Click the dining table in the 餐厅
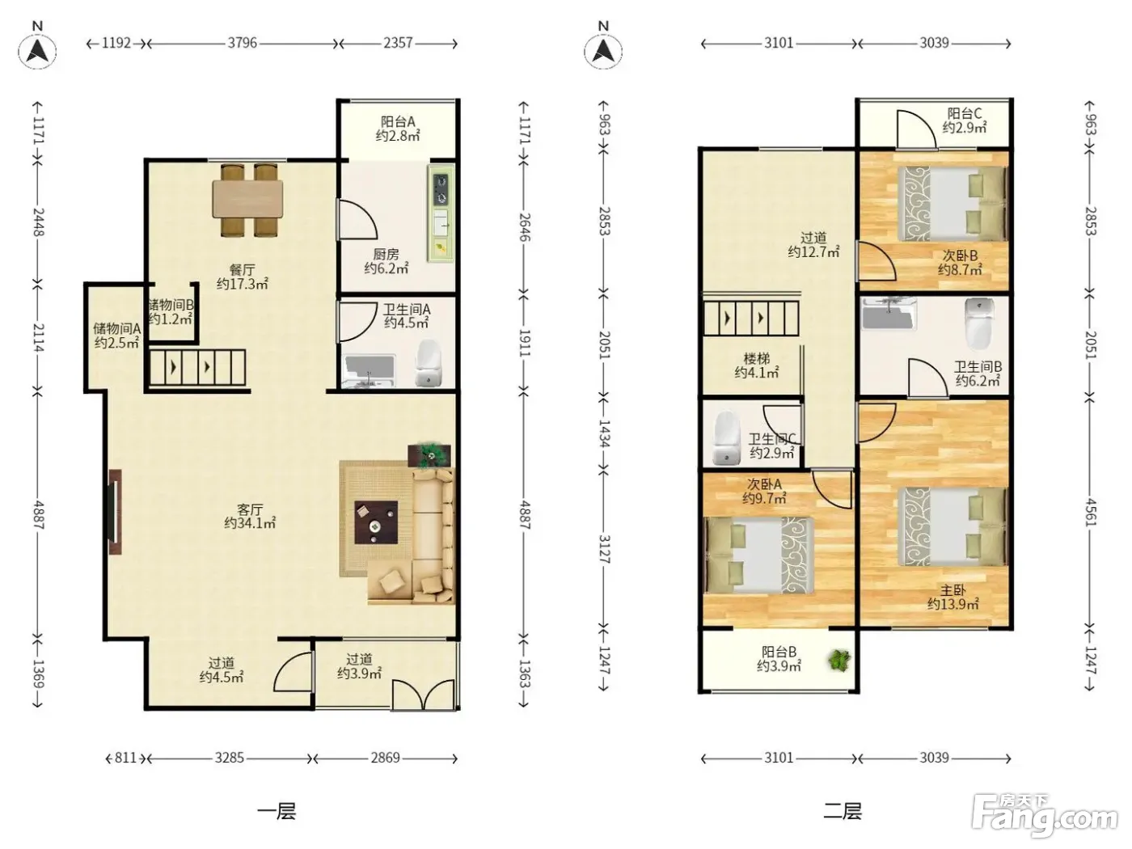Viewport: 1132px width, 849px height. point(247,198)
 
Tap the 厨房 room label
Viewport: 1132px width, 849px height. point(386,254)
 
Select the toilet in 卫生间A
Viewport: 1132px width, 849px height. point(429,363)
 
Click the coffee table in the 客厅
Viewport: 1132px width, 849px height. point(376,522)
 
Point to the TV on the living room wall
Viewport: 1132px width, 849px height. point(115,512)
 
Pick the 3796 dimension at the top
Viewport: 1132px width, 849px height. point(243,43)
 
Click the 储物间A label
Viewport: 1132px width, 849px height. point(117,328)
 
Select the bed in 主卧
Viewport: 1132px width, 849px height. point(952,526)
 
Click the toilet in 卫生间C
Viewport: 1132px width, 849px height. point(726,437)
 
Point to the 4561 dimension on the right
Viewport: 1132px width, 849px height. point(1091,513)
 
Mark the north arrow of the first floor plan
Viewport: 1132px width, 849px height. point(37,51)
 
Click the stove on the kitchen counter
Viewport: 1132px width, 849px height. point(441,189)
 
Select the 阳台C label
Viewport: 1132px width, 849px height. point(965,113)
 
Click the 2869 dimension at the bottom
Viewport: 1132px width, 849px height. point(385,758)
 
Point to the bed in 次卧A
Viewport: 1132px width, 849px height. point(759,555)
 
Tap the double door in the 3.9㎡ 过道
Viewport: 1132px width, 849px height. point(423,695)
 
